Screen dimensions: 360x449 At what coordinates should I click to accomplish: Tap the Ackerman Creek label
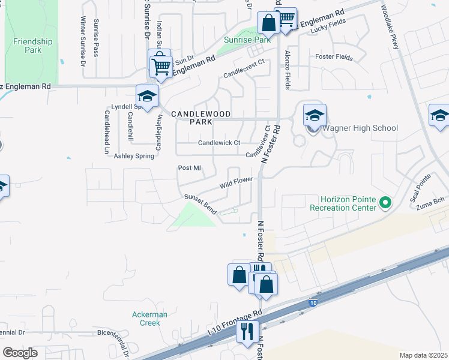[149, 319]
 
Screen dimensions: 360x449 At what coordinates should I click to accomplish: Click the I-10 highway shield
[313, 304]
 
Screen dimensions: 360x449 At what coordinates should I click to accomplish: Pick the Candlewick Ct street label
[219, 143]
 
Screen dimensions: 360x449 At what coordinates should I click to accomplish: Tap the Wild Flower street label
[237, 182]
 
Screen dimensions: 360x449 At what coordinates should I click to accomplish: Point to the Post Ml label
[188, 168]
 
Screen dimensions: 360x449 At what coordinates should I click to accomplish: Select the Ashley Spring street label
[134, 155]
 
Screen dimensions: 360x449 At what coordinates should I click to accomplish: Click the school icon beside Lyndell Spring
[146, 96]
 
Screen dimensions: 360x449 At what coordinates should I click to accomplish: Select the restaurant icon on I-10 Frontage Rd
[246, 331]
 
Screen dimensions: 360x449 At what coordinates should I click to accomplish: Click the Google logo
[20, 353]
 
